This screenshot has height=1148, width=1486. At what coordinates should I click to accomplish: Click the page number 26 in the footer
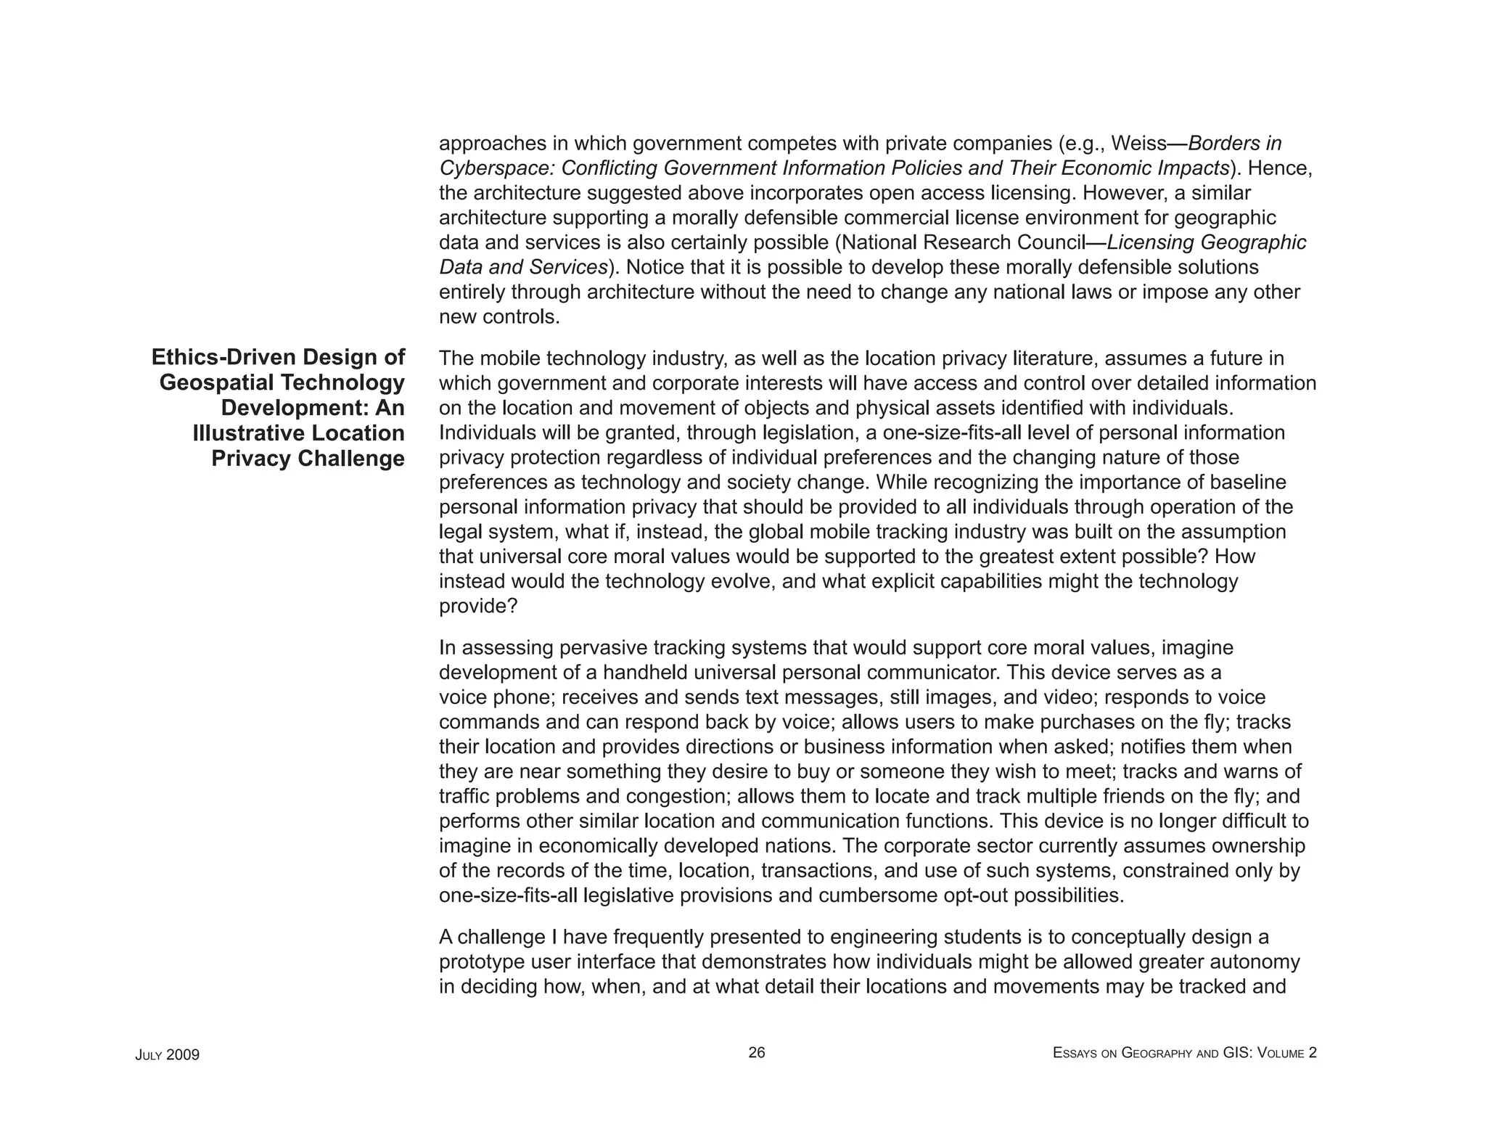[x=756, y=1052]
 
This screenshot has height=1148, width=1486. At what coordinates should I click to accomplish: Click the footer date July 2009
[x=167, y=1054]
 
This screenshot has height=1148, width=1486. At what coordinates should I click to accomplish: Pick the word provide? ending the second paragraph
[x=478, y=606]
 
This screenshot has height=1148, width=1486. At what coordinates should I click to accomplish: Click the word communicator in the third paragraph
[x=931, y=672]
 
